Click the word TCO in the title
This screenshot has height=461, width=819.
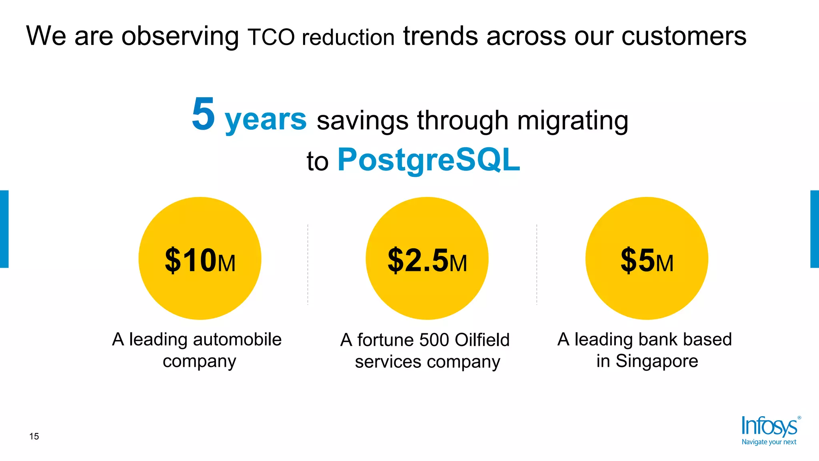tap(271, 38)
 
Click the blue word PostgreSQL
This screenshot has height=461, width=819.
tap(429, 160)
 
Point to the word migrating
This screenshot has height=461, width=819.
tap(572, 121)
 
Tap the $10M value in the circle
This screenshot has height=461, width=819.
tap(200, 261)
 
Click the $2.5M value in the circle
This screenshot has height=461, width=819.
tap(427, 261)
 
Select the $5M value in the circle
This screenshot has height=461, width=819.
tap(647, 261)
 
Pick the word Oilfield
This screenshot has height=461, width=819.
tap(482, 340)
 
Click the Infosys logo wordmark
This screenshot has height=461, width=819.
tap(769, 426)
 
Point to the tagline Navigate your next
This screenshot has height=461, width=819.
tap(769, 442)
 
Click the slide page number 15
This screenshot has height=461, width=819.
tap(34, 437)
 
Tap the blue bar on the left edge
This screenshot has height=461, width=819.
tap(4, 229)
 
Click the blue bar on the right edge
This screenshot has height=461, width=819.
tap(815, 229)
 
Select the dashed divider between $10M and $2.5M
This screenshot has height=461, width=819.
tap(308, 265)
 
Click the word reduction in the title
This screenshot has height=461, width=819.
tap(348, 38)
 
